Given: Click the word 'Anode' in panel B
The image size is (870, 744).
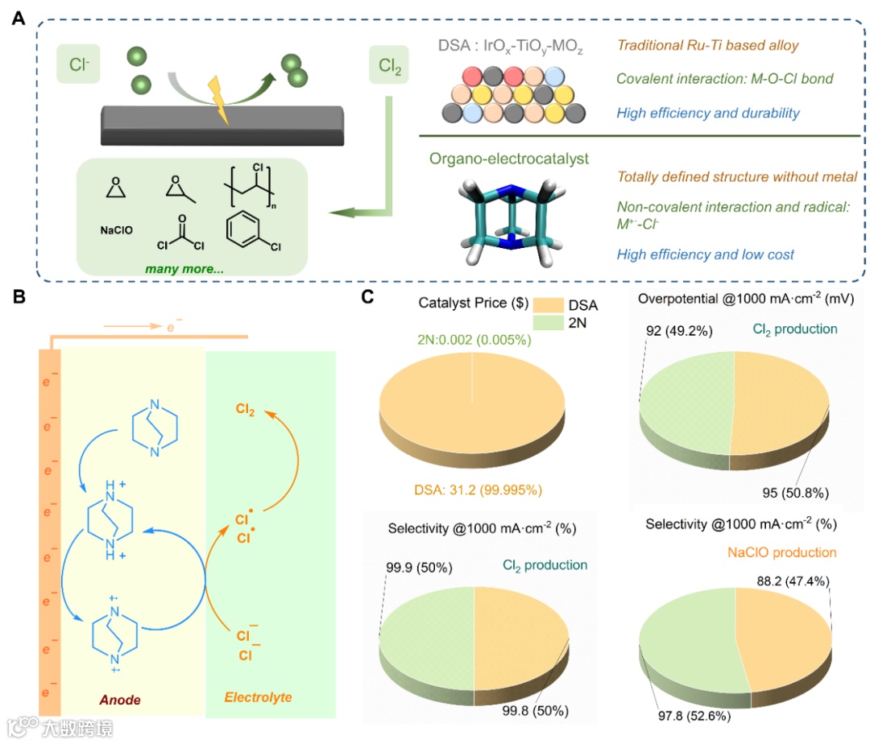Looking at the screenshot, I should tap(120, 700).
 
